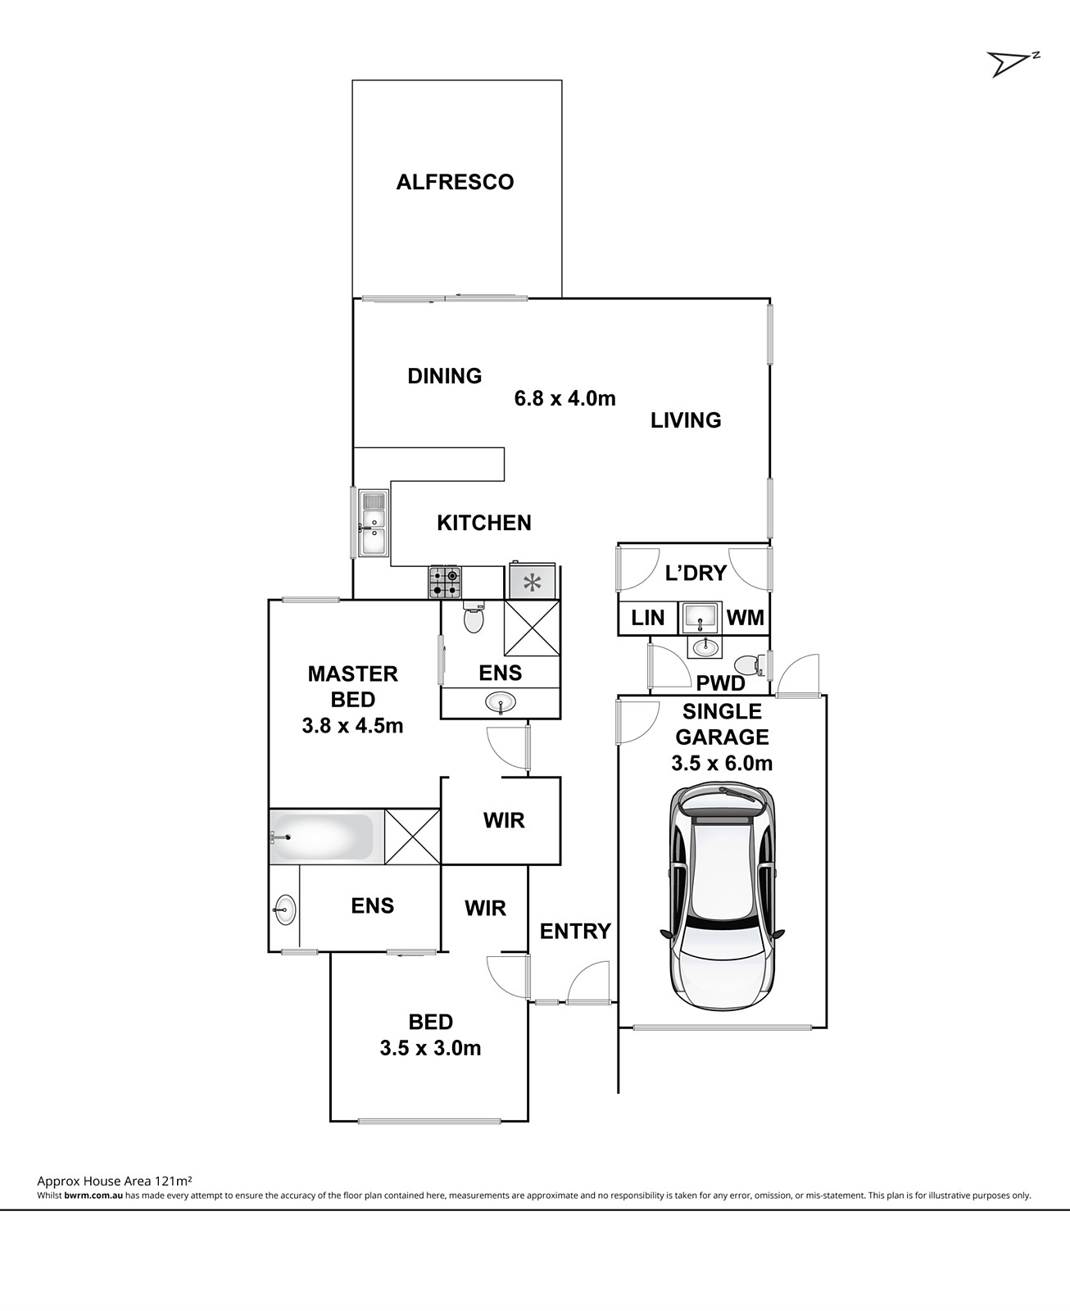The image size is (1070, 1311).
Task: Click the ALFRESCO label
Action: point(455,182)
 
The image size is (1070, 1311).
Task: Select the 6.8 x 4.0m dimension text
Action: point(564,398)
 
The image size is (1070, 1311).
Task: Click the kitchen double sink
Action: point(374,523)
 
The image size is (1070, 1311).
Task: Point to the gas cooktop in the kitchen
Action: point(445,583)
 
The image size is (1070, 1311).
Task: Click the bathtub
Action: point(326,837)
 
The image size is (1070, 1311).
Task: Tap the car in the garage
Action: point(723,897)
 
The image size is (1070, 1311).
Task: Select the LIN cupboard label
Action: point(647,618)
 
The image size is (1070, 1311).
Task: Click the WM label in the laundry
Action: point(746,618)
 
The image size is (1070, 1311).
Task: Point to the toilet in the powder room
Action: point(751,665)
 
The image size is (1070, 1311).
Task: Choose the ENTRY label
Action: point(575,931)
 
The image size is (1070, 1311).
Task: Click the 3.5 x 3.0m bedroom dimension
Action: point(430,1049)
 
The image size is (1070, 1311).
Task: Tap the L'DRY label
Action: point(696,573)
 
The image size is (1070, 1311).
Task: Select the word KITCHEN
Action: point(483,524)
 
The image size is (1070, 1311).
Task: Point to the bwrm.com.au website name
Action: point(93,1195)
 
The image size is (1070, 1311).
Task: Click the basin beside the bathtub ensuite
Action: point(285,910)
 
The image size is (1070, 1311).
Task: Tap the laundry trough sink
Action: point(700,617)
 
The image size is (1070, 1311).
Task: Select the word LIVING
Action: point(686,421)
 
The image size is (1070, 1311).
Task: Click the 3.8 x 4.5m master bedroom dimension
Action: point(352,725)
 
